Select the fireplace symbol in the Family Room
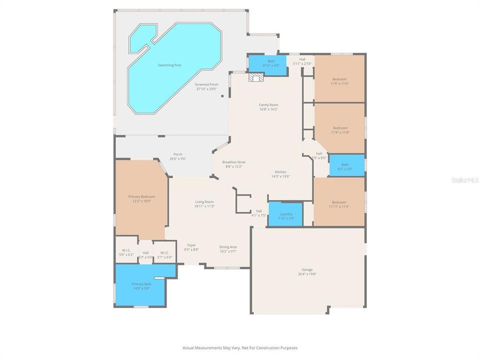click(256, 77)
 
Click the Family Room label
click(268, 104)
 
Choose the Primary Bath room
click(141, 285)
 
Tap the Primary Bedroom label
click(141, 196)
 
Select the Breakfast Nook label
click(234, 162)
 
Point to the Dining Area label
click(228, 247)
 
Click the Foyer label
click(191, 245)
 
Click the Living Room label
click(204, 201)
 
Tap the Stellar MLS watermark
click(464, 179)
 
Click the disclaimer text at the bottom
click(240, 347)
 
